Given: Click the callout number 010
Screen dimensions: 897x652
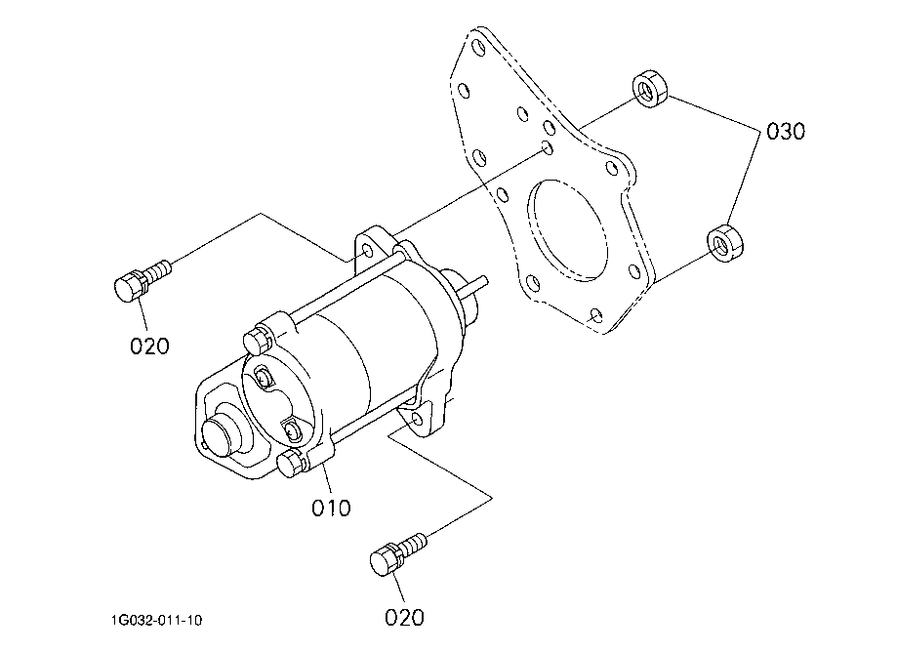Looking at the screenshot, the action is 331,508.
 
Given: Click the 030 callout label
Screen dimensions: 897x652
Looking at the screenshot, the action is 786,131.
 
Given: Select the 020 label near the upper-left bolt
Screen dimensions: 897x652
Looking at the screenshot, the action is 149,346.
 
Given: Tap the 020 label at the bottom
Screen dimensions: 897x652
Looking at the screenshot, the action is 404,618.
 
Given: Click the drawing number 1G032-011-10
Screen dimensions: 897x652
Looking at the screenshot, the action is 157,620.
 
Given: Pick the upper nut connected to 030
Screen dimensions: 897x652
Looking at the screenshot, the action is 650,88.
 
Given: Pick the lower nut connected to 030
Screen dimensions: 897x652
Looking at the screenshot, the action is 725,244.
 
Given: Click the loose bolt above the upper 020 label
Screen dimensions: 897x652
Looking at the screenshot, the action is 142,279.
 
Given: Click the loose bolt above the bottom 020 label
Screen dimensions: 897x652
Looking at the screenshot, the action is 398,553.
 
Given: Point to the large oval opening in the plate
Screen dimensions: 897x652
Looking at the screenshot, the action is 566,230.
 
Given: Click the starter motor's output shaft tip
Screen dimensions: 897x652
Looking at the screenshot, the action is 485,281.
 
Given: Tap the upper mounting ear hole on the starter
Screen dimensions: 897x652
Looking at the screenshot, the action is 368,252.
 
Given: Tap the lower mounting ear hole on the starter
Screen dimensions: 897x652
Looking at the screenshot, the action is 417,420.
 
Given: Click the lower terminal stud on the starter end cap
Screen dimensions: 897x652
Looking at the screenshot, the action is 292,430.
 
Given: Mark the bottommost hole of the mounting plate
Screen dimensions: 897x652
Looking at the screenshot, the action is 595,315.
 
